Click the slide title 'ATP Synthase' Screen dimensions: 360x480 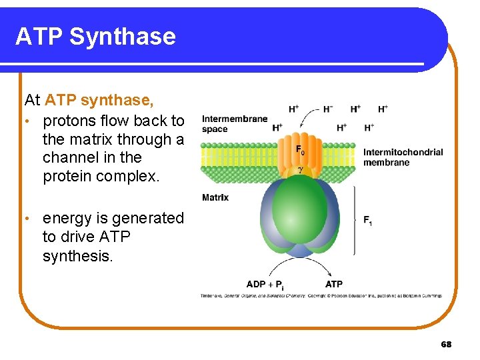coord(95,36)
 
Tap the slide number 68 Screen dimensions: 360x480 coord(446,344)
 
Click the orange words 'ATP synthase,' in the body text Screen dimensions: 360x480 coord(99,100)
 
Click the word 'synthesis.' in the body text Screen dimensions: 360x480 coord(78,256)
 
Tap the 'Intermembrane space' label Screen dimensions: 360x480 coord(234,124)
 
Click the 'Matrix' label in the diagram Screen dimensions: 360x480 coord(215,197)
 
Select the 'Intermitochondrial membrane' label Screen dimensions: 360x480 coord(403,157)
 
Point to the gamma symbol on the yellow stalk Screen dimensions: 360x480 coord(300,169)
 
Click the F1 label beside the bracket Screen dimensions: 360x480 coord(367,221)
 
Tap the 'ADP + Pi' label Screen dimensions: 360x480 coord(265,285)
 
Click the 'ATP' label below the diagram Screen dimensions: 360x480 coord(334,285)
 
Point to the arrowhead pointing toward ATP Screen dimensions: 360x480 coord(330,274)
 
